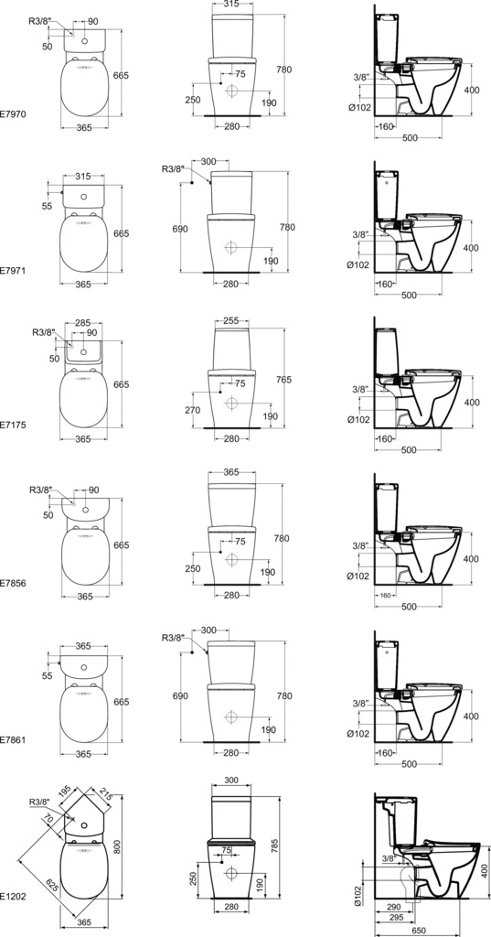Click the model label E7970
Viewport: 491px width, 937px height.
(13, 113)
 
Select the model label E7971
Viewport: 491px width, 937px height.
(13, 271)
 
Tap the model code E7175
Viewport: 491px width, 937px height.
(13, 425)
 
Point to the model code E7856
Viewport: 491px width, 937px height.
(13, 582)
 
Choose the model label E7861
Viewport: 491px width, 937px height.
(13, 739)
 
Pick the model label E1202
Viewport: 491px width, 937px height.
(13, 897)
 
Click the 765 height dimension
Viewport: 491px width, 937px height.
(283, 379)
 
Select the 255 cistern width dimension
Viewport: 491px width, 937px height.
(230, 320)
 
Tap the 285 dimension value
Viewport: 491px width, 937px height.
(83, 323)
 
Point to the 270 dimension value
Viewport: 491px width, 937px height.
(192, 411)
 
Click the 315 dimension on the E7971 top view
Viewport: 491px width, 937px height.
(83, 177)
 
